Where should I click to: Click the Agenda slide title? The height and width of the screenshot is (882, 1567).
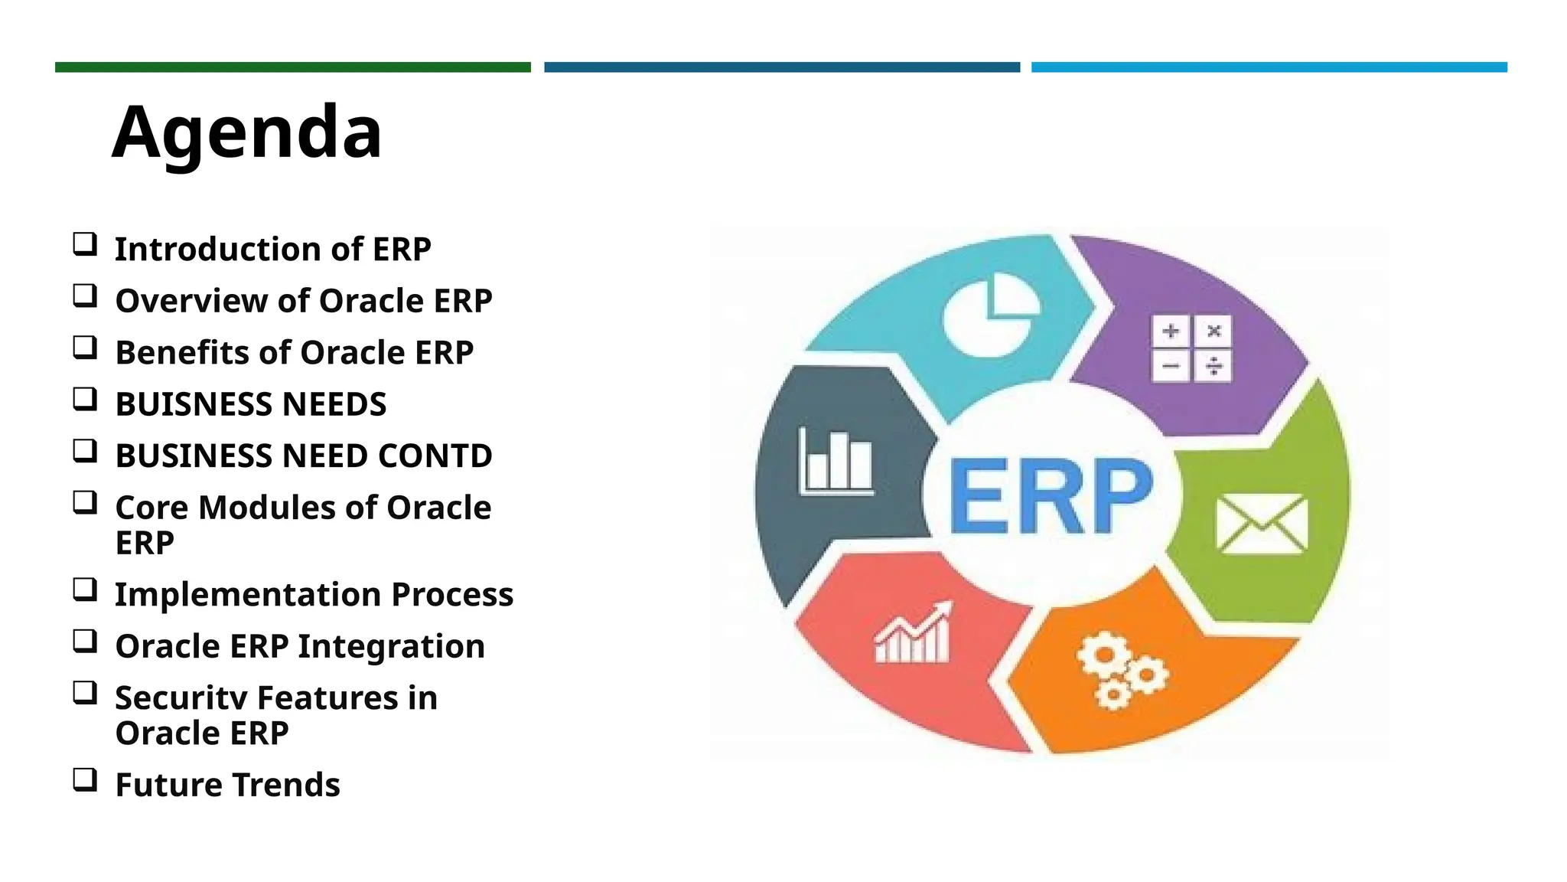246,132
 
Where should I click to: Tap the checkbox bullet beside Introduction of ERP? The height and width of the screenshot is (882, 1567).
85,244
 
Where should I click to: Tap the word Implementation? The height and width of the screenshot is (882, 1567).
248,595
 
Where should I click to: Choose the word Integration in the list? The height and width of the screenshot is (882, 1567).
391,647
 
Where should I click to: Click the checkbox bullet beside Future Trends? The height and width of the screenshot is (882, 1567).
85,779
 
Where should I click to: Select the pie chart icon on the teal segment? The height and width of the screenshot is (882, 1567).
991,317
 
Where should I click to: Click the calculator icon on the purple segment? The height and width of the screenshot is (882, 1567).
1191,348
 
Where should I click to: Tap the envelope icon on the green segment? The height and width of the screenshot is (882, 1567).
1261,524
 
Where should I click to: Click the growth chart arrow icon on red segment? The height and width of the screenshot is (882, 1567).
914,633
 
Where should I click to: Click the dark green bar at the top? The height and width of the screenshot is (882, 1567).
293,67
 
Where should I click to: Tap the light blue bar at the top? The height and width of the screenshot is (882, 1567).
1269,67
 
